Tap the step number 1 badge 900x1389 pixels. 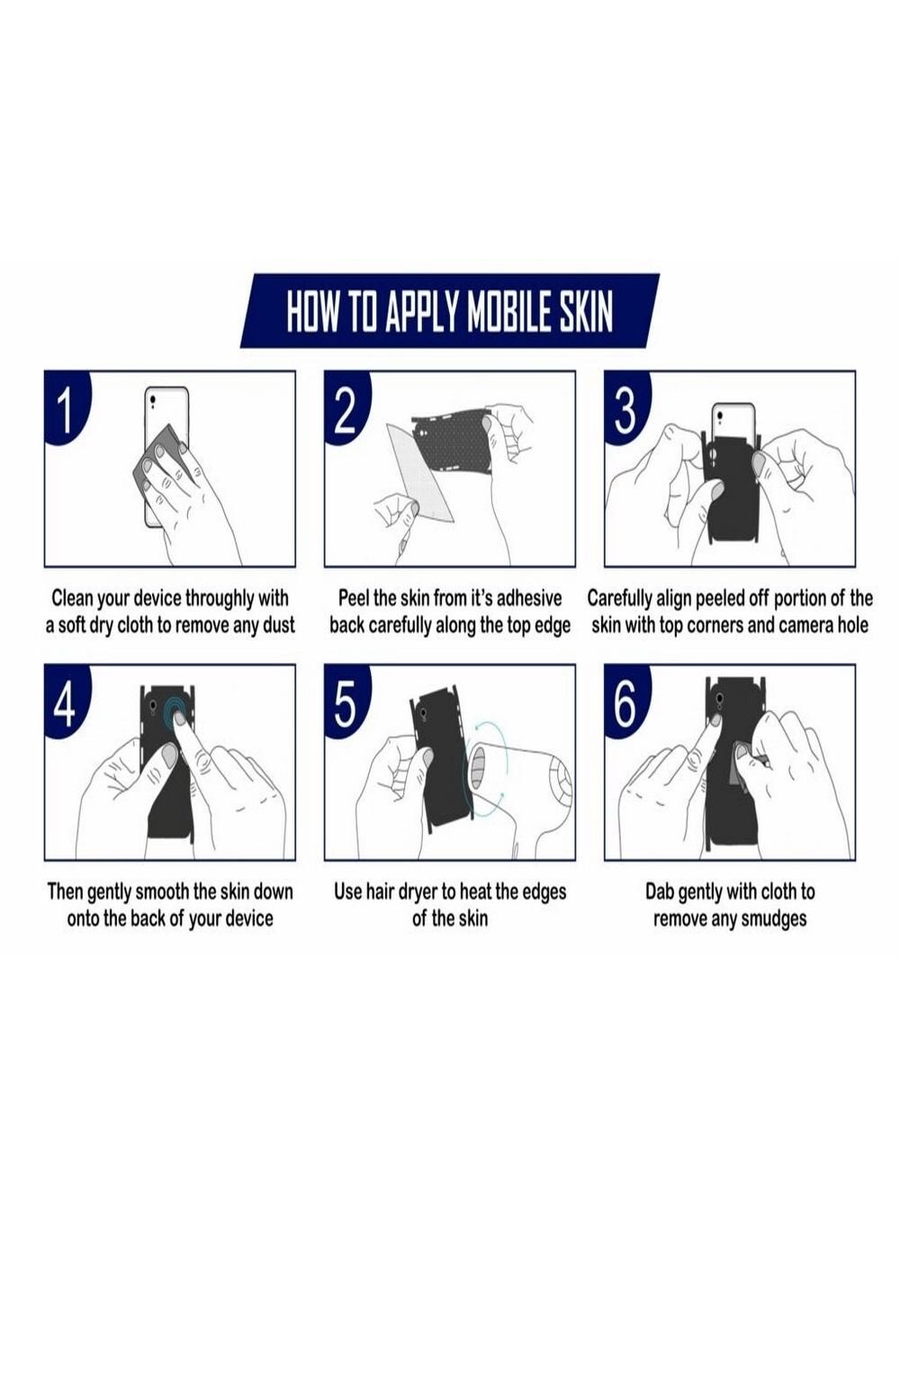tap(65, 410)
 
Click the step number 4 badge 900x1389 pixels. tap(65, 703)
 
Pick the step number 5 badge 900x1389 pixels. tap(345, 703)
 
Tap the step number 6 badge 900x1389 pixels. tap(625, 703)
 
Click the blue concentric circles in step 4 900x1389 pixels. tap(176, 714)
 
